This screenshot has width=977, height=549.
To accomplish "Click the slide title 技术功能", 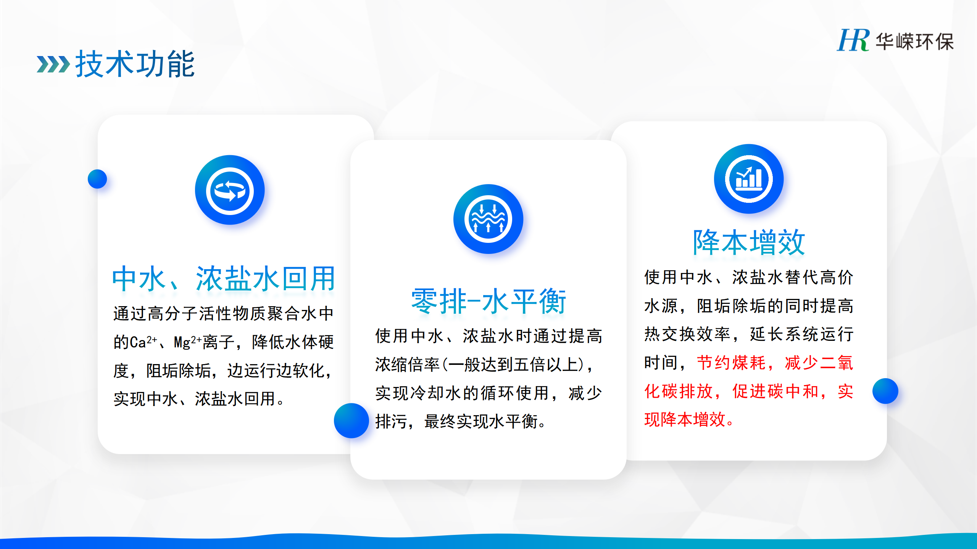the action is [135, 64].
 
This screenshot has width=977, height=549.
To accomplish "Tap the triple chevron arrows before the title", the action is [53, 64].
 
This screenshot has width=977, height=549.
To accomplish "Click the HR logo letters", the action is [853, 40].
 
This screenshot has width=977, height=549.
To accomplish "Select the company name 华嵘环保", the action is [914, 42].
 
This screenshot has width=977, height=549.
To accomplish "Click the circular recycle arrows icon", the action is [230, 190].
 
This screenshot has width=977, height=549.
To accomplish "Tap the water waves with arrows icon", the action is [488, 219].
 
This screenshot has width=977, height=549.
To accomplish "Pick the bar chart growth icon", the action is [749, 179].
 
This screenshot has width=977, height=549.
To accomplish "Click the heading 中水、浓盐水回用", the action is [224, 279].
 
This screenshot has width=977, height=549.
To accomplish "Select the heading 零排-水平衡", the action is [488, 301].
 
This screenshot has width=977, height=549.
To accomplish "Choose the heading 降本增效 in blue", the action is [749, 242].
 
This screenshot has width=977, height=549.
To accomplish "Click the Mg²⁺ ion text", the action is [187, 342].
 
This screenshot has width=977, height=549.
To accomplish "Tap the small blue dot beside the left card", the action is [97, 179].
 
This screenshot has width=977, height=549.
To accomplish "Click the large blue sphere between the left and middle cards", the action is [351, 421].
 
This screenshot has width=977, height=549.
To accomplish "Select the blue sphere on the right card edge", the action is [885, 391].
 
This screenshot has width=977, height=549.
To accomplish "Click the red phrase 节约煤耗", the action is [731, 363].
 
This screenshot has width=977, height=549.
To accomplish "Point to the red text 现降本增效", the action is [685, 419].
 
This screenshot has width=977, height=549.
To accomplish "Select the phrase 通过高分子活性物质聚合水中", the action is [224, 314].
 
